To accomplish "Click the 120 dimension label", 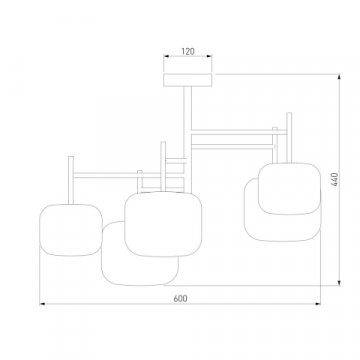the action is [188, 52].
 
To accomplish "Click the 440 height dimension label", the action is [334, 179].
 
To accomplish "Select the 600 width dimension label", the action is [180, 299].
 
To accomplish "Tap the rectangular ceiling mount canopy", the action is [188, 80].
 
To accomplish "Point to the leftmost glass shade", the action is [71, 230].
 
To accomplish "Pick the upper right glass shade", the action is [289, 188].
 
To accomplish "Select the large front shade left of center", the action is [163, 224].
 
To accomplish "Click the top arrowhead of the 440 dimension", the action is [339, 77].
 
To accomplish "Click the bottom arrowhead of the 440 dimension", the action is [339, 283].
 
